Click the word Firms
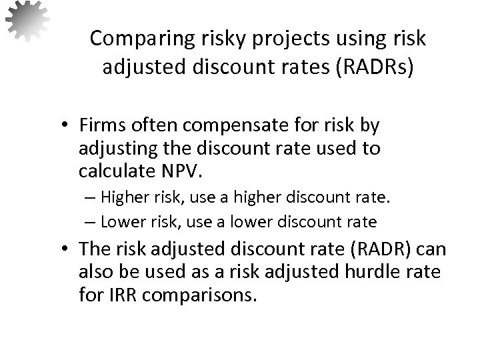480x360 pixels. pos(114,125)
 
